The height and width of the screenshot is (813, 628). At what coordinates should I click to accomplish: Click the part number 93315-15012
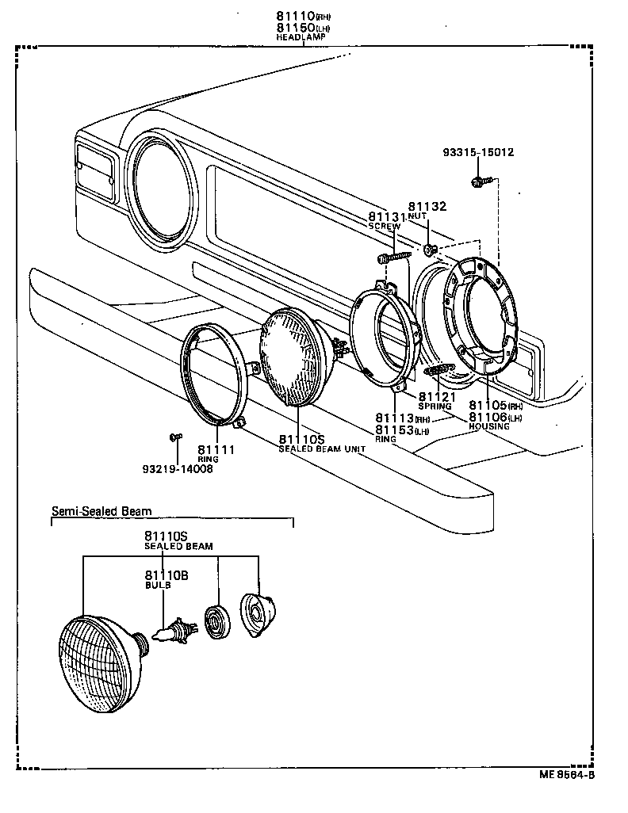(478, 152)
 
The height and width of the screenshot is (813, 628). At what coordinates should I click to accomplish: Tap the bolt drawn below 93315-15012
(478, 183)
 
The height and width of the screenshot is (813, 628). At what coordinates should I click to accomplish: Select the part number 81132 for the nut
(427, 207)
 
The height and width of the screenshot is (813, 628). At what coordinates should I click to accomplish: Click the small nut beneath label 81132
(428, 250)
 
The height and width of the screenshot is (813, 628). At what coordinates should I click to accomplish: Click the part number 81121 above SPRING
(438, 397)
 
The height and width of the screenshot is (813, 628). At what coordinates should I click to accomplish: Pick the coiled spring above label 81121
(438, 371)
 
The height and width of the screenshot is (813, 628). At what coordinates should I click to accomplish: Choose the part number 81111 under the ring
(216, 449)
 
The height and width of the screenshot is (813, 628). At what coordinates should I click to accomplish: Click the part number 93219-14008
(177, 468)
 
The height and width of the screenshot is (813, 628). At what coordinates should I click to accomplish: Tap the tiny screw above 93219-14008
(176, 436)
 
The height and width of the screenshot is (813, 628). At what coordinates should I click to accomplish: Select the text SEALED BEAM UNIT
(321, 448)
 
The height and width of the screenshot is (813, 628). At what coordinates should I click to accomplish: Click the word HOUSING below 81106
(489, 426)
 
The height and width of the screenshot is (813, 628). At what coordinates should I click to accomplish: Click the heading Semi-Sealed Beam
(101, 512)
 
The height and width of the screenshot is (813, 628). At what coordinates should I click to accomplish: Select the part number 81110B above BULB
(166, 575)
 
